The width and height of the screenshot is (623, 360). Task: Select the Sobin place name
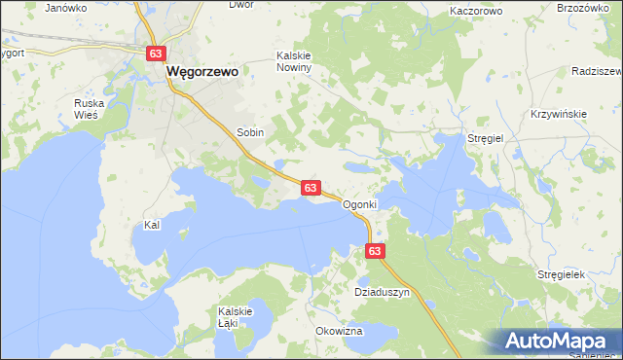250,131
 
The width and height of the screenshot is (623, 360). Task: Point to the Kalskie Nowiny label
294,62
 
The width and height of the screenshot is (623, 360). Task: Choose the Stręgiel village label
485,139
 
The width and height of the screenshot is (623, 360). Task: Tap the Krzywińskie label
559,114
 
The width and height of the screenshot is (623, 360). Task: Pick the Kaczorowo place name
476,12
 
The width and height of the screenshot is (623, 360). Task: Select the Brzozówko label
590,8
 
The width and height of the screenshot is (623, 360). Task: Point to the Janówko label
65,8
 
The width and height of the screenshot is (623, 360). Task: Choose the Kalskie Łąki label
236,317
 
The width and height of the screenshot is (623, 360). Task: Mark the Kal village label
151,225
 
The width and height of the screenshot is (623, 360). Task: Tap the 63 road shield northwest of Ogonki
311,187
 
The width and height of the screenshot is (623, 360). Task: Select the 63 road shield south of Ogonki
377,251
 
